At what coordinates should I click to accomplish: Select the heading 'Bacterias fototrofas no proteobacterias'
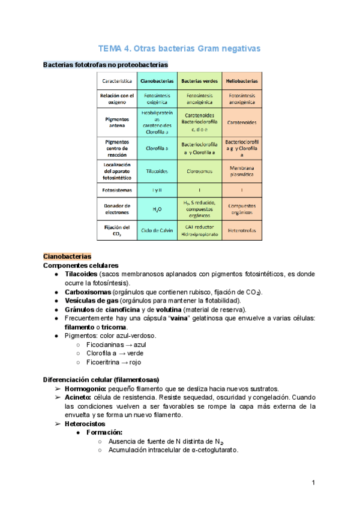point(106,64)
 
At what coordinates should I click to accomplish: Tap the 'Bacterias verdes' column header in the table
point(199,80)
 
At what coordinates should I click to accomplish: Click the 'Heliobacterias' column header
point(242,80)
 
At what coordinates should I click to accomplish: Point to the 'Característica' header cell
point(118,80)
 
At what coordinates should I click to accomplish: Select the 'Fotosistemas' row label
point(118,190)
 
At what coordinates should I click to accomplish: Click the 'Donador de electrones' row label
point(118,209)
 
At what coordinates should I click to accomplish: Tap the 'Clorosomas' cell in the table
point(199,171)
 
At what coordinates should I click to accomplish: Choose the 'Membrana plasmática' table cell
point(242,171)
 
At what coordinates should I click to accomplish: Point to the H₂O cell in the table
point(157,209)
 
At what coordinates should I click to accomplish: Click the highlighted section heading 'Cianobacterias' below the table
point(67,256)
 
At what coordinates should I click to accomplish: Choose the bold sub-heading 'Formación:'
point(105,432)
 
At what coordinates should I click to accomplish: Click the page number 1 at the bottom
point(313,483)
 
